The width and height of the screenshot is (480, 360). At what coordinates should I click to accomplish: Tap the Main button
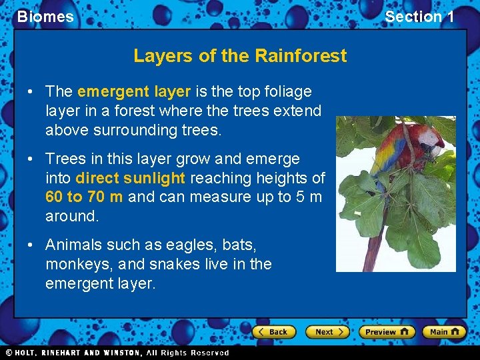[x=443, y=332]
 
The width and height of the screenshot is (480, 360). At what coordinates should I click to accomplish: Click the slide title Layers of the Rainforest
[x=240, y=55]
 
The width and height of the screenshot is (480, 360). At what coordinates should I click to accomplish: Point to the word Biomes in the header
[x=45, y=17]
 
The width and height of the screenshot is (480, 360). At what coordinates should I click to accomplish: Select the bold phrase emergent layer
[x=134, y=91]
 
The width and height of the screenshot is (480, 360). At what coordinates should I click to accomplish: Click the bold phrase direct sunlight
[x=131, y=178]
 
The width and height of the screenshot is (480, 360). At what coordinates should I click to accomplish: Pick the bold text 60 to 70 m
[x=84, y=197]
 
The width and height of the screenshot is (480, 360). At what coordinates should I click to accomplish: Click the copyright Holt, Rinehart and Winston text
[x=117, y=353]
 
